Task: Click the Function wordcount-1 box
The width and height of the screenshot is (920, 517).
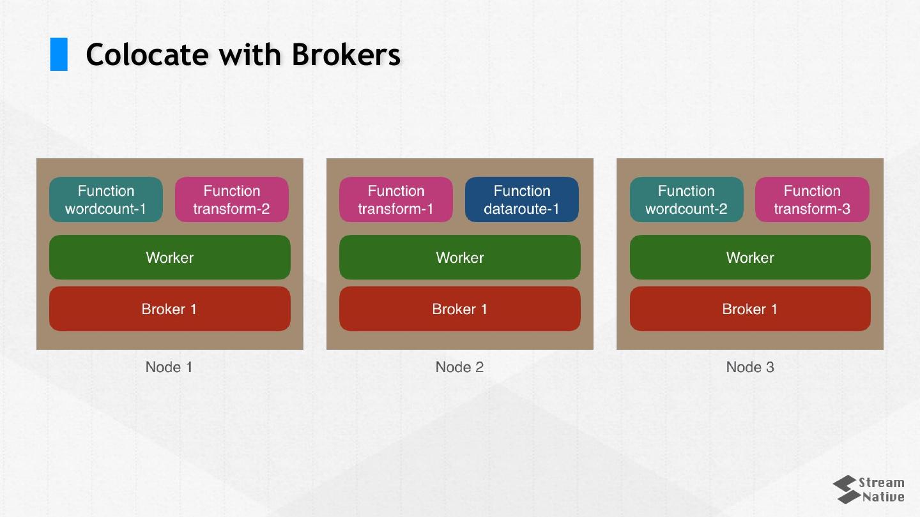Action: point(106,200)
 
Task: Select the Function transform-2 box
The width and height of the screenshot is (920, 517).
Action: point(231,200)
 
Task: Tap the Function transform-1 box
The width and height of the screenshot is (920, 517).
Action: point(395,200)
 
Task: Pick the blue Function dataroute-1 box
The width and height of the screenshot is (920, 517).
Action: point(521,200)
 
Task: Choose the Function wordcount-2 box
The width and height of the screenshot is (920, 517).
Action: point(686,200)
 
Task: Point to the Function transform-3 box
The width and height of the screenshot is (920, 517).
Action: point(812,200)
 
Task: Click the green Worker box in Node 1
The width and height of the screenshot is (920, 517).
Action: point(169,257)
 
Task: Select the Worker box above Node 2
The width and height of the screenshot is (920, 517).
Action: point(459,257)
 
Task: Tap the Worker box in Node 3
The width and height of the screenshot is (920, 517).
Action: point(750,257)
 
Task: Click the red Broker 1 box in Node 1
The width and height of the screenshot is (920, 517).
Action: point(169,309)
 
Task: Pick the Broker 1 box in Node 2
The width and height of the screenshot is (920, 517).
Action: point(459,309)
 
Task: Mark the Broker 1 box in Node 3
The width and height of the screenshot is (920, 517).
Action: point(750,309)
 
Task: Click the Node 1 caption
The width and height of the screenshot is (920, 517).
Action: point(169,367)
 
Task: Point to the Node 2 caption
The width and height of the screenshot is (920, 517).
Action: point(459,367)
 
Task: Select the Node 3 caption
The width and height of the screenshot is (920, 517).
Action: point(750,367)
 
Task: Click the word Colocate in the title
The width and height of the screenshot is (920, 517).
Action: point(147,54)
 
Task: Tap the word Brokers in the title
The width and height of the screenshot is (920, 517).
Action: point(346,54)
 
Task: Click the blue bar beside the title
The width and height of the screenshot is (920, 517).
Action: point(59,54)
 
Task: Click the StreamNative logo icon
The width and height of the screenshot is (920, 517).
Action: point(845,490)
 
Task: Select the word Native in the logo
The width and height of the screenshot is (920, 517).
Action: point(883,497)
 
